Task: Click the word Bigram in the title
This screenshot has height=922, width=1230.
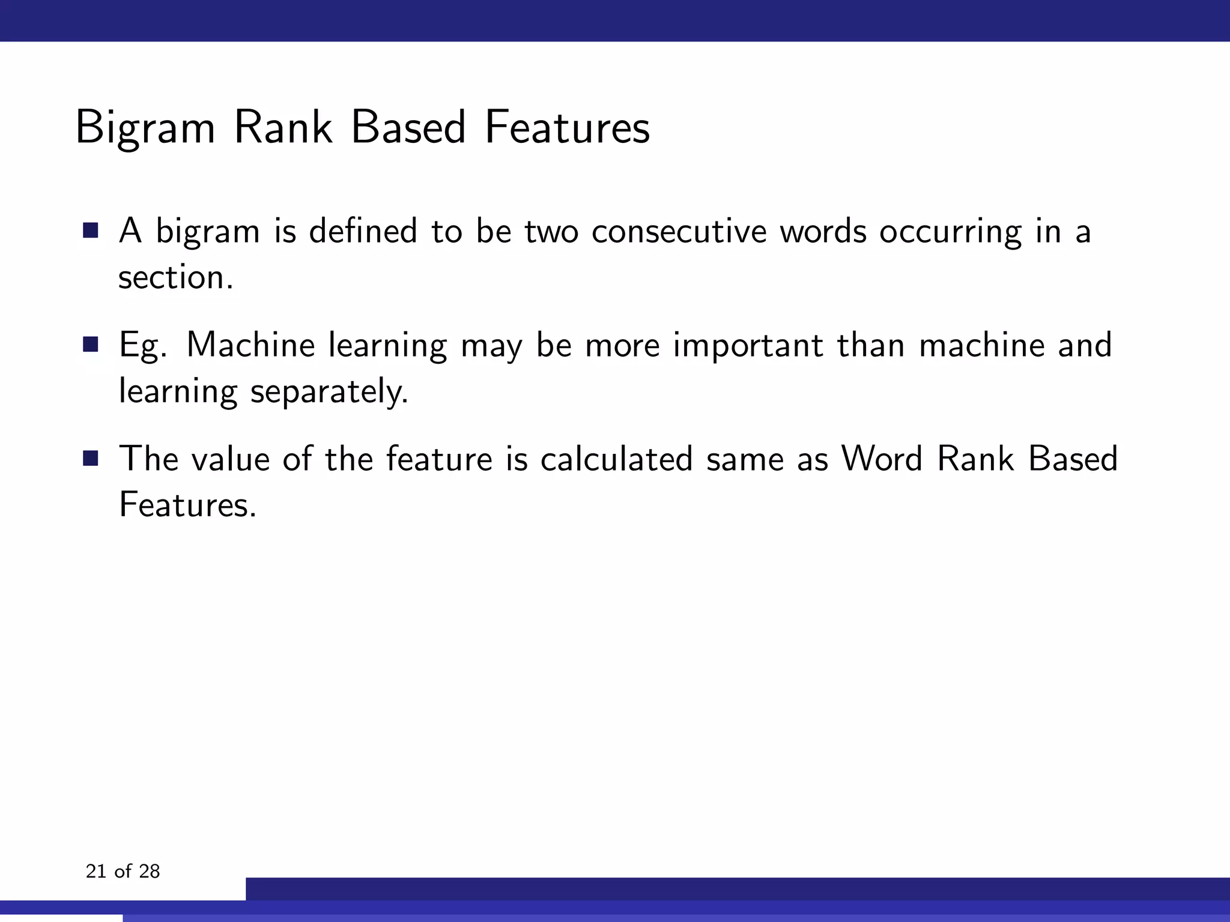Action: coord(145,128)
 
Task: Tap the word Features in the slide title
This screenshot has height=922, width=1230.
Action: coord(567,128)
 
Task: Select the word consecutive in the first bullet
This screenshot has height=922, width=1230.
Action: coord(679,231)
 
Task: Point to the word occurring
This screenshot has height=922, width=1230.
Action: coord(950,232)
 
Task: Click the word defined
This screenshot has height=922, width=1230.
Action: coord(363,231)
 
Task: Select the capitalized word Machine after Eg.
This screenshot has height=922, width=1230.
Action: coord(250,345)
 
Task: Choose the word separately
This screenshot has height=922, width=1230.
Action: coord(329,392)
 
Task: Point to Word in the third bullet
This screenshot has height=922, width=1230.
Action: coord(881,459)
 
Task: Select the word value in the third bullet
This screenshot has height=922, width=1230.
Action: coord(231,459)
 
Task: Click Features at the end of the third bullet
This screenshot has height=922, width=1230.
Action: coord(187,505)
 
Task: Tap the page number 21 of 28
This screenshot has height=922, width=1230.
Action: coord(123,872)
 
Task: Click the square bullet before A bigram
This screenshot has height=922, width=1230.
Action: coord(91,230)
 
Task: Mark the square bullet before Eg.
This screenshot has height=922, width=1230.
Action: coord(91,345)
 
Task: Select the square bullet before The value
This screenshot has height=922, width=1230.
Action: coord(91,459)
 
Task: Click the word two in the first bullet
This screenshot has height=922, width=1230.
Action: coord(551,231)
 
